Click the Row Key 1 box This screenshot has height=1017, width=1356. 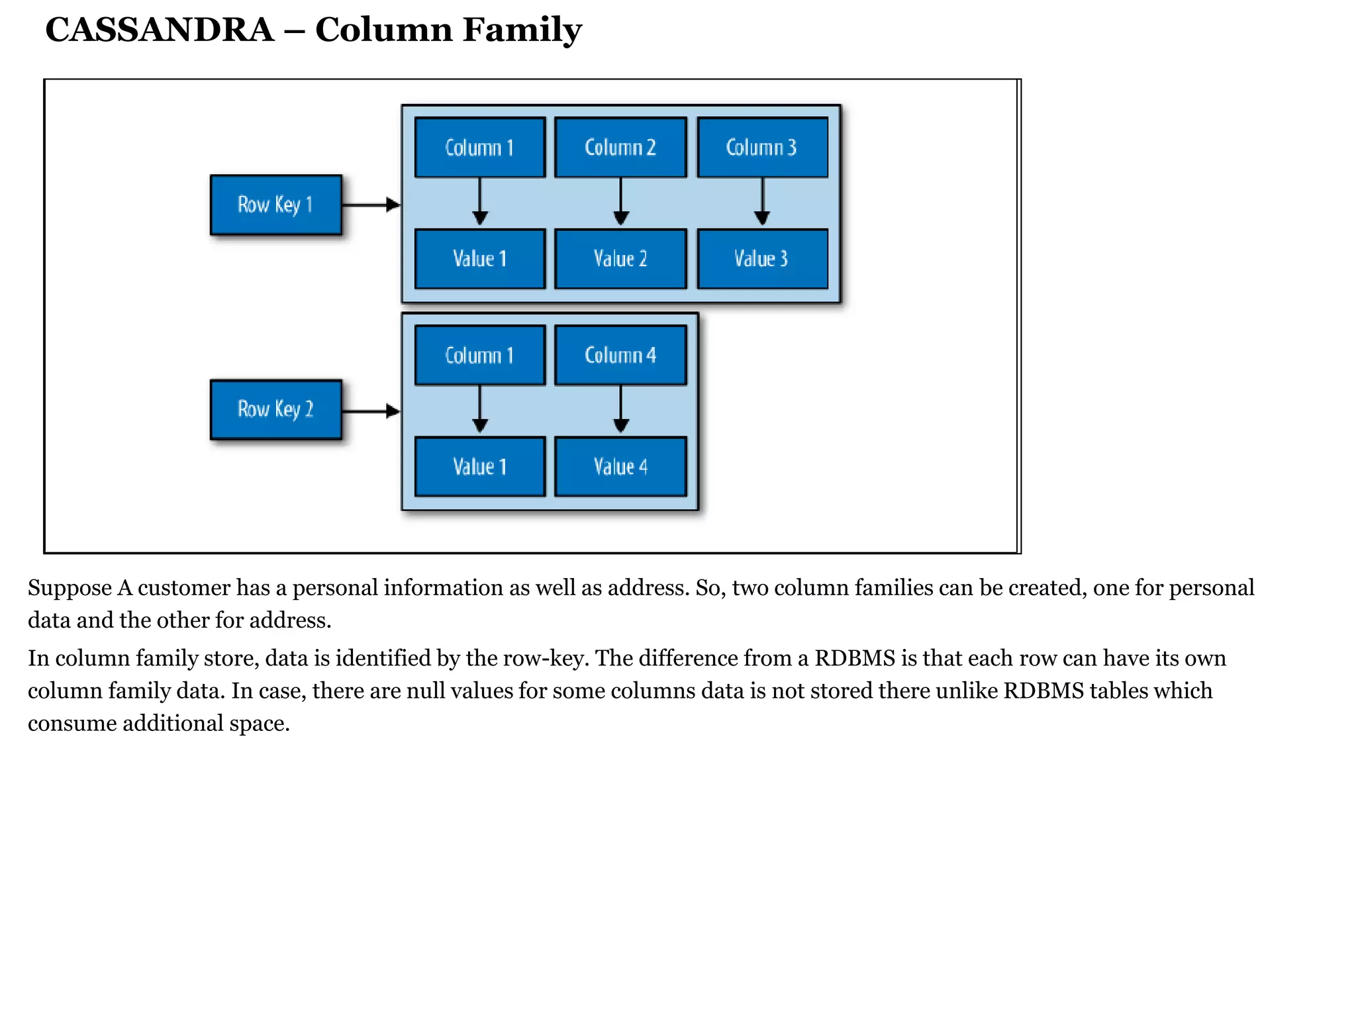click(x=275, y=205)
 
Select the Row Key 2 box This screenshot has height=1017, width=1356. click(x=275, y=409)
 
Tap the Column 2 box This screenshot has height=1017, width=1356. click(x=620, y=148)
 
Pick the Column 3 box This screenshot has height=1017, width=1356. click(x=762, y=148)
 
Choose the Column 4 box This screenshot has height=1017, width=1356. click(x=620, y=356)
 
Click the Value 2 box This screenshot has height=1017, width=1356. click(x=620, y=259)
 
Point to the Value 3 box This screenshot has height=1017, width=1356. click(x=762, y=259)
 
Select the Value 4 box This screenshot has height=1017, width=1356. click(x=620, y=467)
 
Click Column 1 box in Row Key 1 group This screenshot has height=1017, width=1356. click(x=480, y=148)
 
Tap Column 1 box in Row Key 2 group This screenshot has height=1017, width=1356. click(x=480, y=356)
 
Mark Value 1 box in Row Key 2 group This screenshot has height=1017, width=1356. click(x=480, y=467)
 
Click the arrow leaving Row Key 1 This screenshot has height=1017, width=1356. click(x=371, y=205)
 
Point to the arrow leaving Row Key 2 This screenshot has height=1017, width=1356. click(x=371, y=411)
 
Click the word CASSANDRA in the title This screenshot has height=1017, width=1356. click(x=160, y=30)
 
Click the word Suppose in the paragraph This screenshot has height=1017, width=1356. click(x=70, y=588)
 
